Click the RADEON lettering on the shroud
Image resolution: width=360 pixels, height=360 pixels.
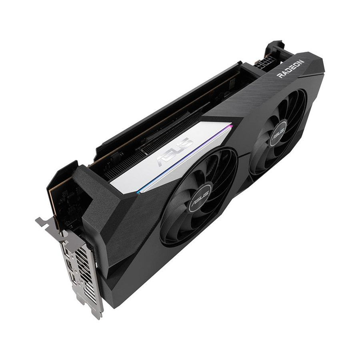point(291,69)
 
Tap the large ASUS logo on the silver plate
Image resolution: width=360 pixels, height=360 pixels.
point(174,151)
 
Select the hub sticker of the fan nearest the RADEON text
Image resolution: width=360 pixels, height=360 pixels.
point(279,133)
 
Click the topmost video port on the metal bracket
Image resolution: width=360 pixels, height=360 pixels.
point(66,251)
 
